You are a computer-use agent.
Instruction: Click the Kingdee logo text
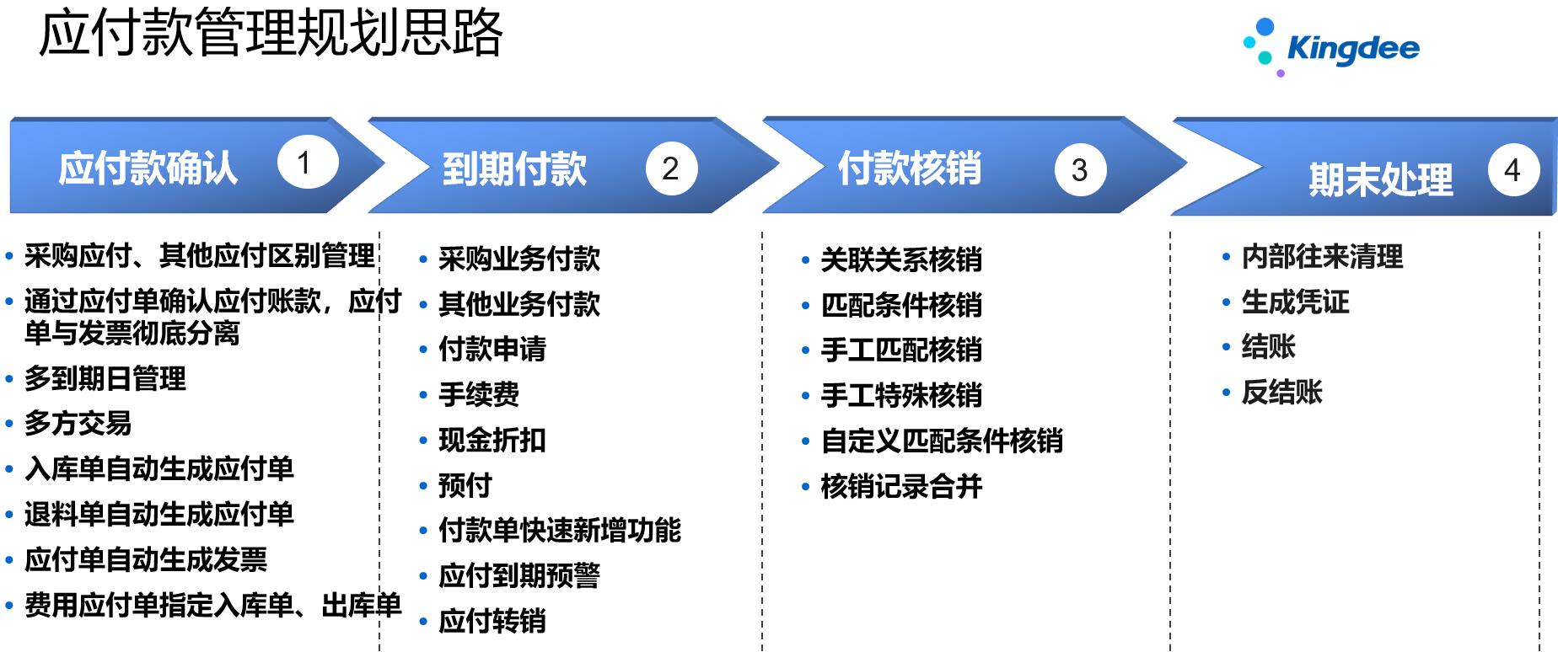click(x=1353, y=49)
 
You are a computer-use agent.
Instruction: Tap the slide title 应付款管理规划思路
click(x=271, y=34)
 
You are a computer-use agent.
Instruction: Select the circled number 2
click(x=671, y=168)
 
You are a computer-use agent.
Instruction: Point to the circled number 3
click(x=1080, y=169)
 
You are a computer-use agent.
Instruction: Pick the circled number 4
click(x=1513, y=170)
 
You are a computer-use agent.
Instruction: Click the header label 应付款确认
click(x=148, y=168)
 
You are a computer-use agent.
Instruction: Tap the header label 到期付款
click(x=514, y=168)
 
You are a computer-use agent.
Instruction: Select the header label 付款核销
click(x=910, y=168)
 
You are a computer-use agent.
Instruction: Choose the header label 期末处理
click(x=1381, y=179)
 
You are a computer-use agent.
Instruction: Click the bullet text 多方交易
click(x=78, y=423)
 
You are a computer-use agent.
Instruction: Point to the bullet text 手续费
click(x=479, y=394)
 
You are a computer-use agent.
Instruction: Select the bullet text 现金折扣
click(x=492, y=440)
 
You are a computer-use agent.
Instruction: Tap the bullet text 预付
click(x=465, y=485)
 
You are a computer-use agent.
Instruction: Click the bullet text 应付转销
click(x=492, y=621)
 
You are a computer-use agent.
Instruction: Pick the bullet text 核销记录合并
click(x=902, y=486)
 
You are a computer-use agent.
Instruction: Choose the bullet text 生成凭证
click(x=1296, y=302)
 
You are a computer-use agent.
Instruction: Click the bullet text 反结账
click(x=1282, y=392)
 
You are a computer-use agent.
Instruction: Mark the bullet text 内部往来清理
click(x=1323, y=256)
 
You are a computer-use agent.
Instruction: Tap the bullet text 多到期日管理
click(x=105, y=378)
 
